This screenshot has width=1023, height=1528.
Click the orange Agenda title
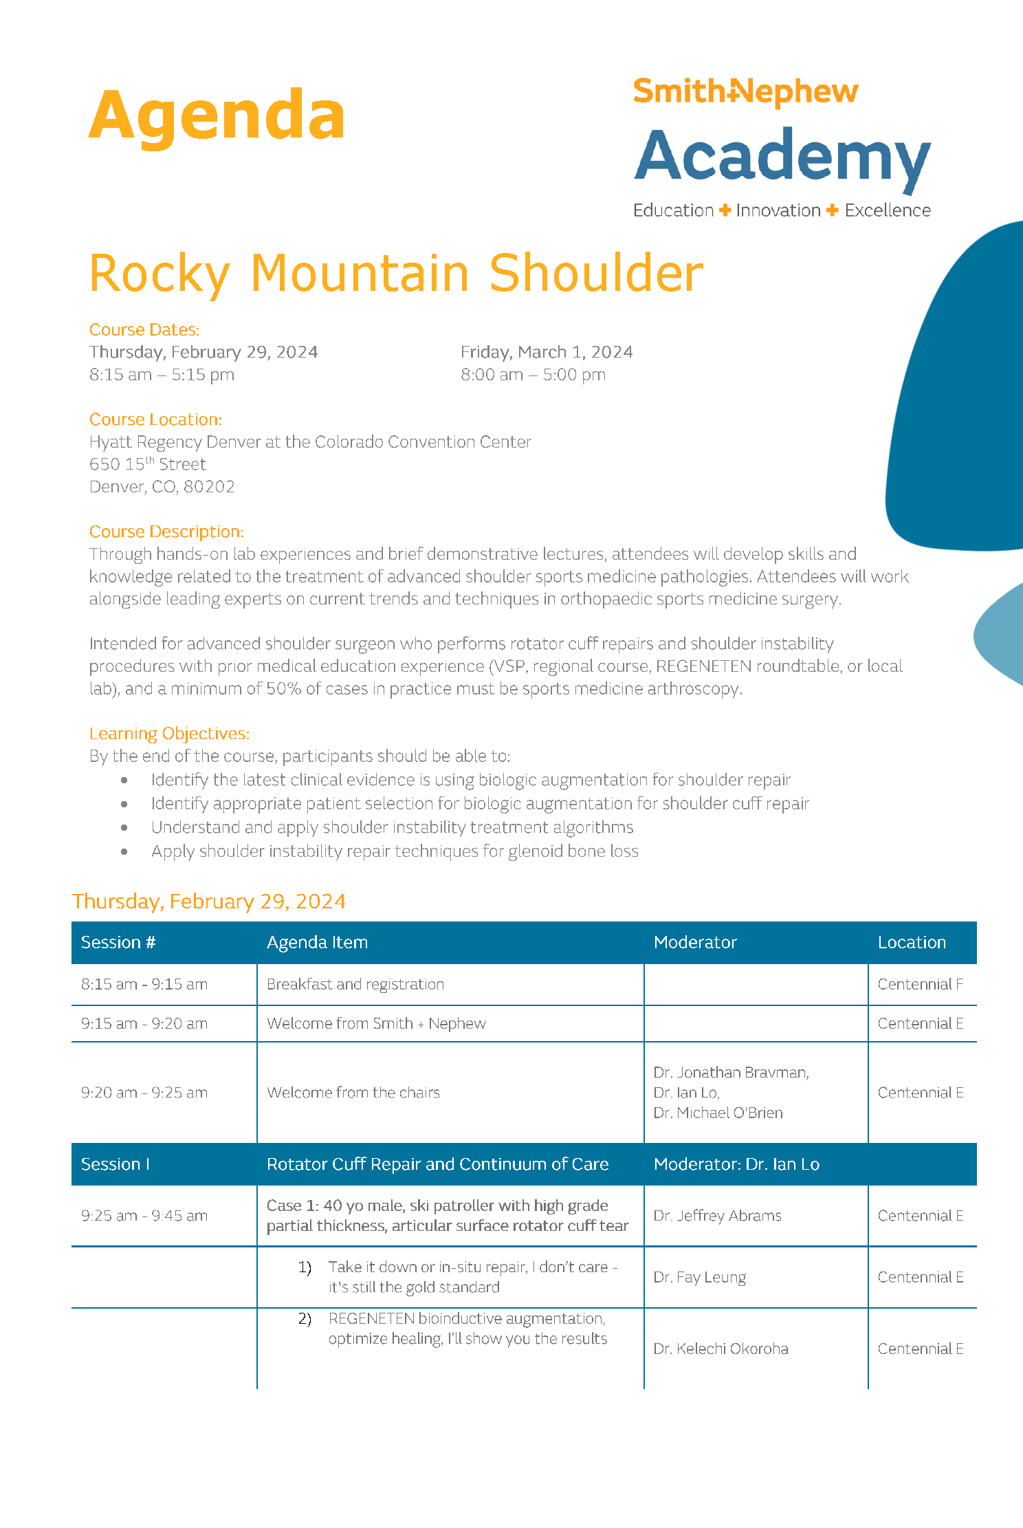click(x=217, y=116)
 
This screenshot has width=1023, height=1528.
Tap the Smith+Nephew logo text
click(x=745, y=91)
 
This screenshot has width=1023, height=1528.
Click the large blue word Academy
click(x=782, y=157)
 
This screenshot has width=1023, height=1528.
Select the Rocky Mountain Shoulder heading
click(x=396, y=273)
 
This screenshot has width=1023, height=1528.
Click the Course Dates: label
click(x=144, y=330)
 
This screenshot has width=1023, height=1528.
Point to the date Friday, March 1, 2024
click(x=547, y=352)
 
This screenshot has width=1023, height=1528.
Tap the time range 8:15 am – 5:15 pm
click(x=162, y=375)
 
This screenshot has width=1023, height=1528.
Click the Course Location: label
click(x=155, y=419)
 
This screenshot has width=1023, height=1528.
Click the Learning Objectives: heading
click(x=169, y=734)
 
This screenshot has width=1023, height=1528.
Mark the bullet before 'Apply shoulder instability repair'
click(x=124, y=851)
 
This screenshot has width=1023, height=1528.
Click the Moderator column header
click(x=695, y=942)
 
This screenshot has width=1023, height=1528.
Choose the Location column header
click(x=912, y=942)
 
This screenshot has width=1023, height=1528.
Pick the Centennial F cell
click(x=920, y=984)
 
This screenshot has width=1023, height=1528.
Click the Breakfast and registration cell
click(x=355, y=984)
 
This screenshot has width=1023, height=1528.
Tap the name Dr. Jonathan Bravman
click(x=731, y=1072)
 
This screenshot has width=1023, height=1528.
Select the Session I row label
click(x=115, y=1164)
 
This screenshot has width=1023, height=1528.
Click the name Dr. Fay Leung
click(x=699, y=1277)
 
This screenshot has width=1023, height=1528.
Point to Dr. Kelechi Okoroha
click(x=720, y=1349)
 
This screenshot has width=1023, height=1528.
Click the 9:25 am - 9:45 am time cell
click(x=144, y=1216)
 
